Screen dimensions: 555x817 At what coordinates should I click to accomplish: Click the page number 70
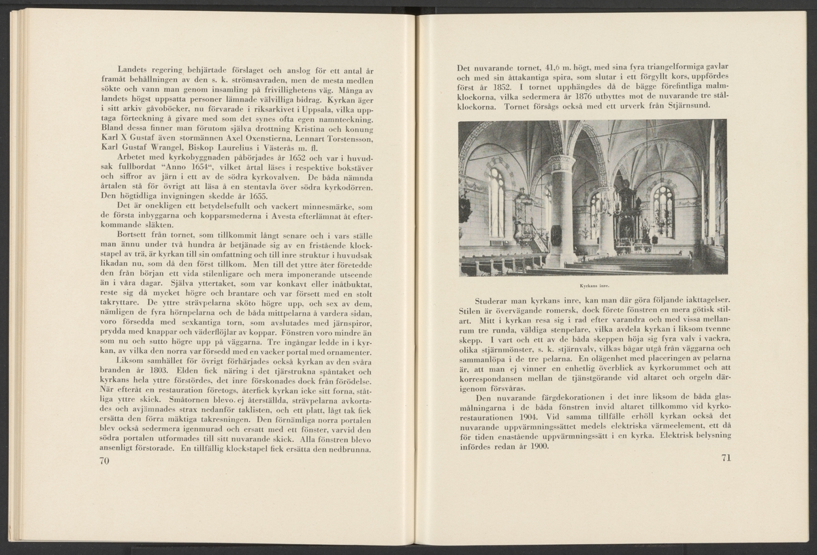pyautogui.click(x=104, y=460)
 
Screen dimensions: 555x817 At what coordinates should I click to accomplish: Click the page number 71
pyautogui.click(x=724, y=457)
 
